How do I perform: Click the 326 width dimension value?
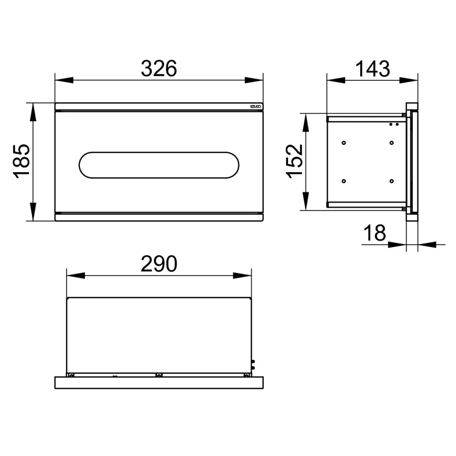[158, 68]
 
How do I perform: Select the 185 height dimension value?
[23, 161]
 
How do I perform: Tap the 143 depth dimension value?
[372, 68]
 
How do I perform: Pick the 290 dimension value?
[159, 263]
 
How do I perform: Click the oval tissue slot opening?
[159, 165]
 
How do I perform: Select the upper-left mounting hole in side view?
[343, 143]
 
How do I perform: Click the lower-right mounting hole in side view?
[392, 181]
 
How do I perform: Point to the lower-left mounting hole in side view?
[343, 181]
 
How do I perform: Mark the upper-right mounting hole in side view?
[392, 143]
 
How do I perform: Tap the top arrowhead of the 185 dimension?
[33, 111]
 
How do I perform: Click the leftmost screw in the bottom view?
[71, 375]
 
